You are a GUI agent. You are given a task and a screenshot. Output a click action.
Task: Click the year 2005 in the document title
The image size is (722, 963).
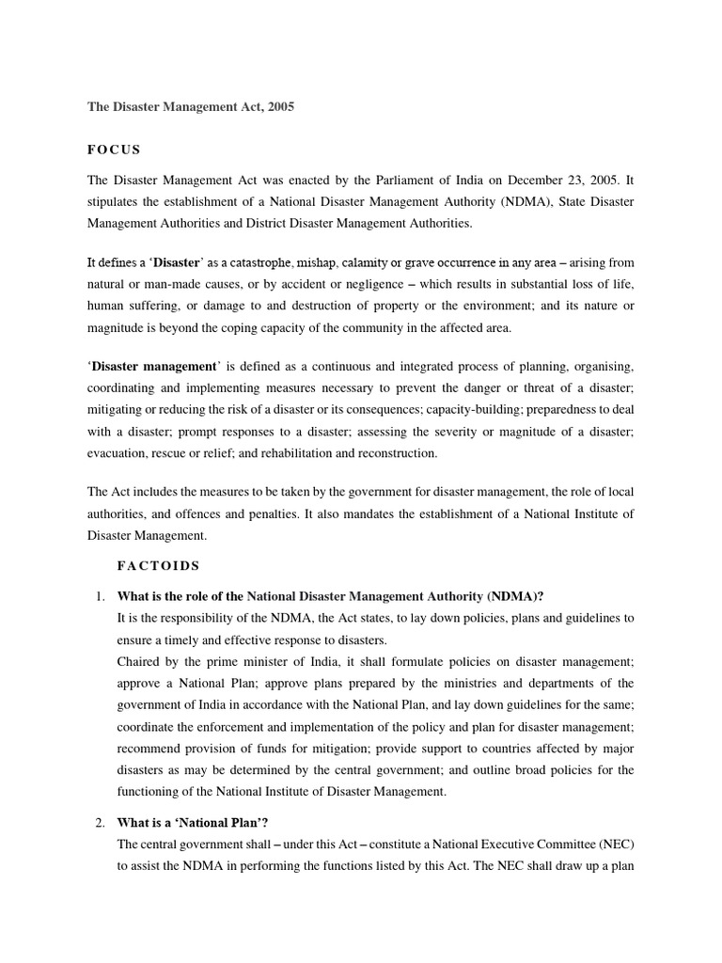tap(279, 107)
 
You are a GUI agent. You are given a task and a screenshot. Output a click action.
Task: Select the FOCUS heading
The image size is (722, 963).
tap(114, 150)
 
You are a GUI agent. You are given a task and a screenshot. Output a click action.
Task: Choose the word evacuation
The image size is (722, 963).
tap(118, 452)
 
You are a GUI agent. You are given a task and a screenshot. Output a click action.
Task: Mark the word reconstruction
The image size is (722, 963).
tap(399, 452)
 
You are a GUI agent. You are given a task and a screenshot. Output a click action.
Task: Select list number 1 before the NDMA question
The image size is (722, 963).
tap(100, 596)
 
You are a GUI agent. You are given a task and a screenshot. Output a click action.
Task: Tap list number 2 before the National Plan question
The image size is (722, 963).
tap(100, 823)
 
